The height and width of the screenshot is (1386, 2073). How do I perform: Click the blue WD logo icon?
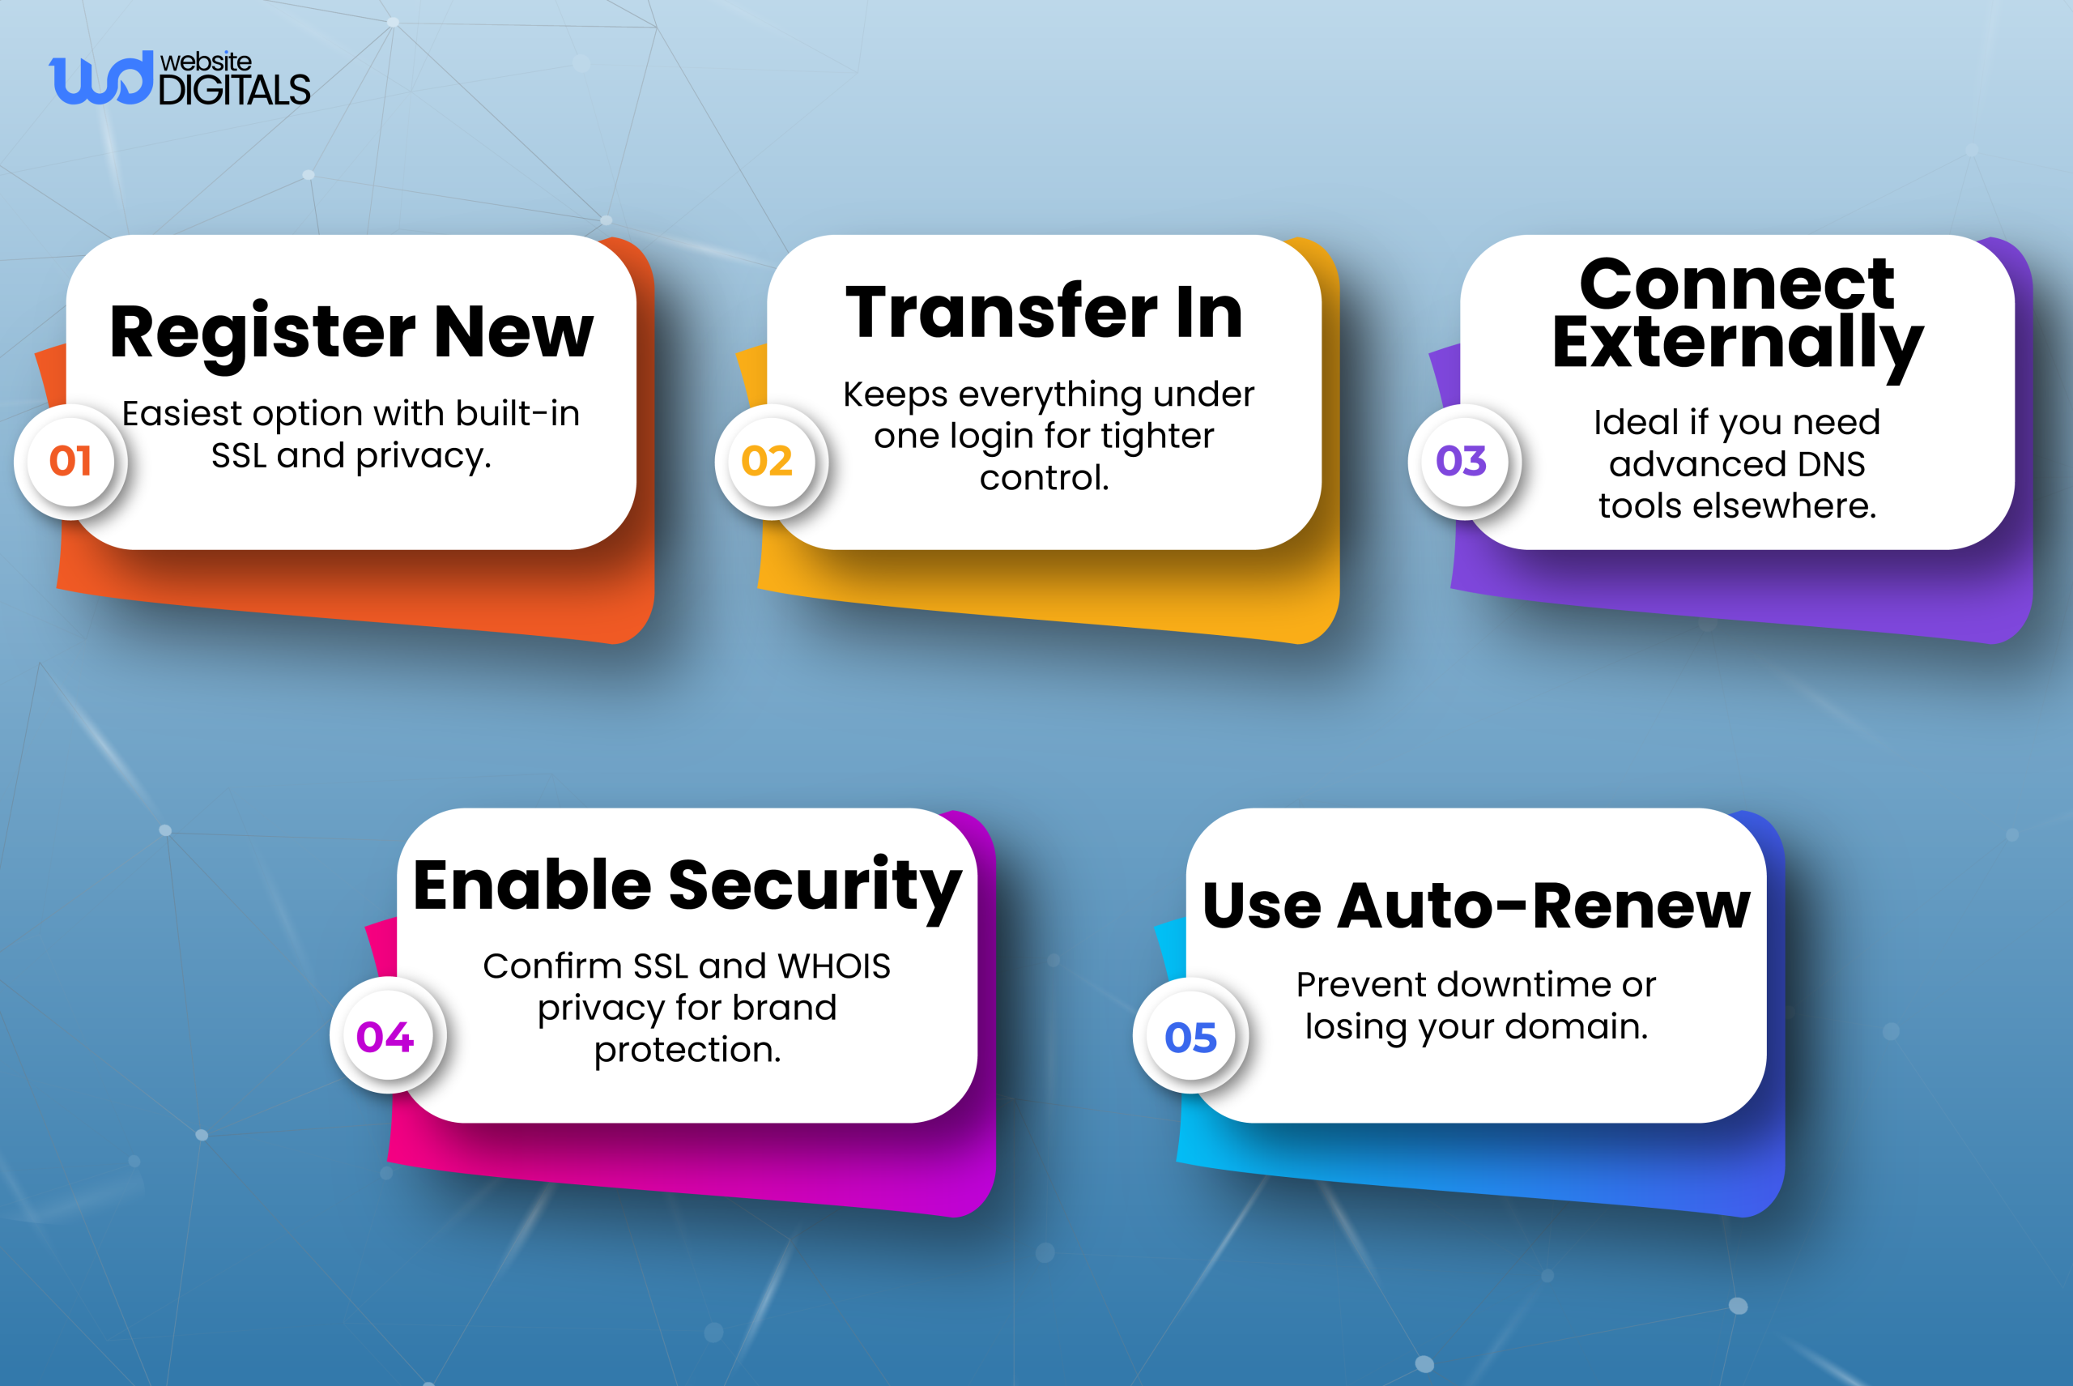100,79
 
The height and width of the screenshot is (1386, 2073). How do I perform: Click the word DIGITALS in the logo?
234,90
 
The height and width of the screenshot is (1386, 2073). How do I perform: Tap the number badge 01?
70,461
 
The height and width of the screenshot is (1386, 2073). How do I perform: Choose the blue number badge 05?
1190,1037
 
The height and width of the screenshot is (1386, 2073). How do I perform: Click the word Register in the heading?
262,333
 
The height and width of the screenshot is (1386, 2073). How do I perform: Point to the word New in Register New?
513,333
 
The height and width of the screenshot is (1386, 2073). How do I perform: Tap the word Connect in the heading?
1736,284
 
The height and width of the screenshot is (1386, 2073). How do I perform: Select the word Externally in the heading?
1737,343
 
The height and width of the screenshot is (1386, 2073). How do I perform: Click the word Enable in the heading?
532,885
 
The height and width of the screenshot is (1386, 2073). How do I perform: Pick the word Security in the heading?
815,885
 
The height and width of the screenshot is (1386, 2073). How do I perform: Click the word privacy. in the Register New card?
424,456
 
